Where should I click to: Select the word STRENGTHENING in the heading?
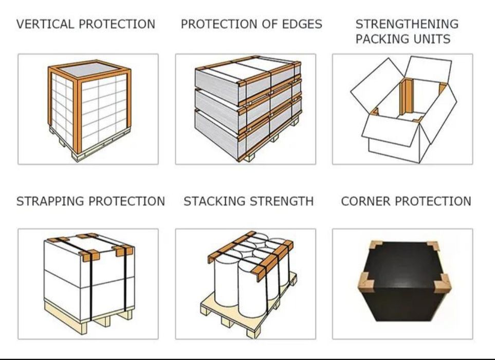point(407,24)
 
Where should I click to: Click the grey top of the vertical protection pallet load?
point(89,69)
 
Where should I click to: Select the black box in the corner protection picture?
point(406,281)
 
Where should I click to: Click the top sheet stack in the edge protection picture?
point(248,80)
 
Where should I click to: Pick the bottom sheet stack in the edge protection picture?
point(248,133)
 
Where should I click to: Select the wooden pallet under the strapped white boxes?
point(88,316)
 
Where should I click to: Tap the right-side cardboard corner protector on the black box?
point(442,283)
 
